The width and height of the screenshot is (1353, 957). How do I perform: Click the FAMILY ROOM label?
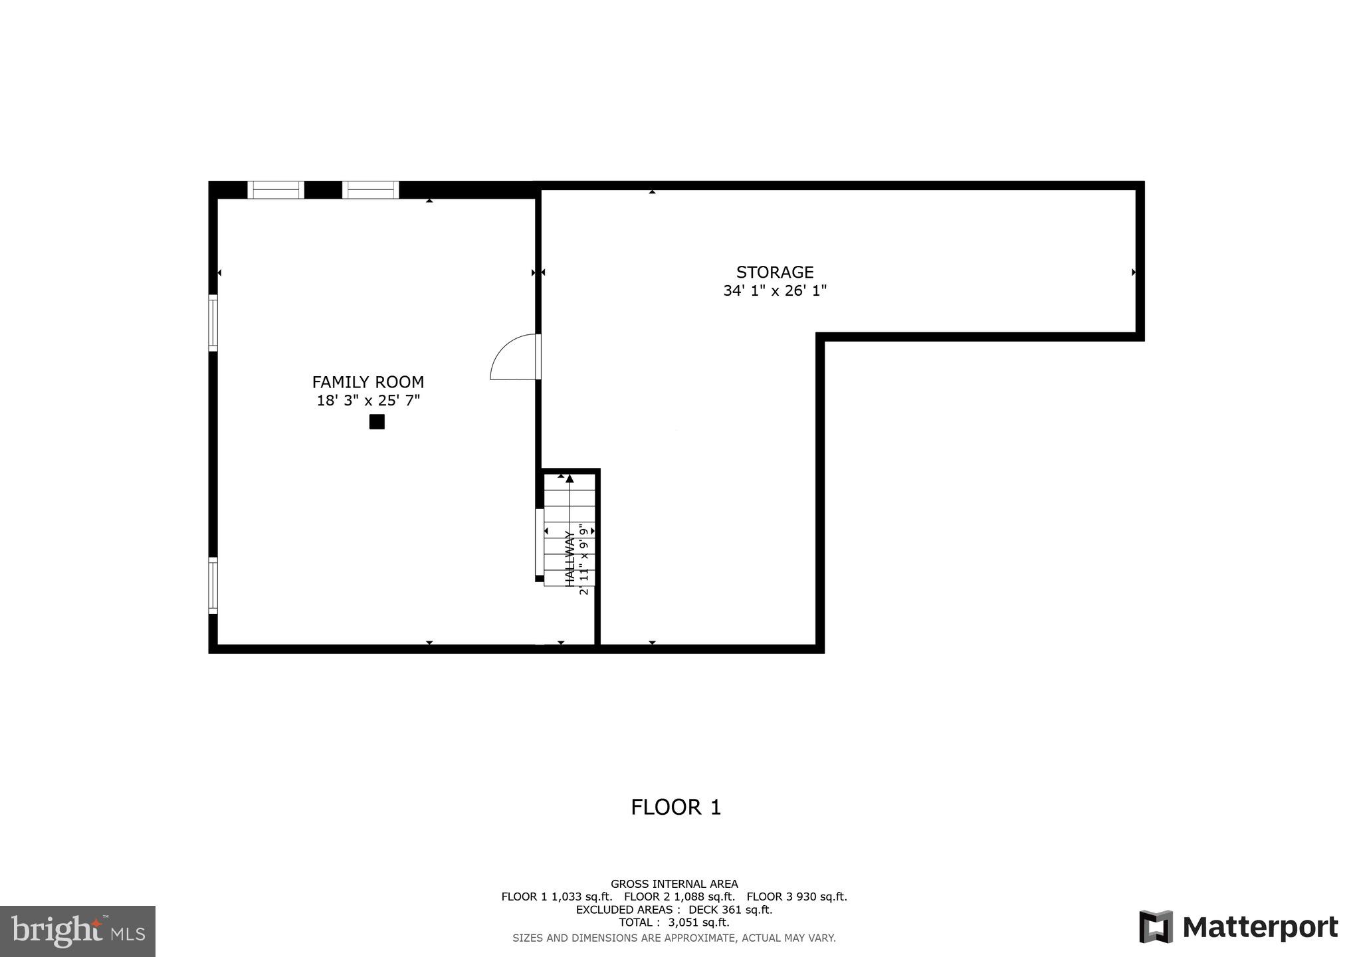367,382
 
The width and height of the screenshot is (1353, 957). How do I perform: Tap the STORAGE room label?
775,272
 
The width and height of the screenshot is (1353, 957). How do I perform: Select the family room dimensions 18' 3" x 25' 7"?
367,401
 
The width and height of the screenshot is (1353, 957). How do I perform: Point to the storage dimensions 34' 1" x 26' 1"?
775,291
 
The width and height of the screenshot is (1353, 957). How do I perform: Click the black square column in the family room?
377,422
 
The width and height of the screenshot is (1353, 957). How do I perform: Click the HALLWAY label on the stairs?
570,558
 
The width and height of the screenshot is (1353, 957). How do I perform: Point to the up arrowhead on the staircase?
570,478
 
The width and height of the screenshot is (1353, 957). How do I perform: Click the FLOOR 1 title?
676,807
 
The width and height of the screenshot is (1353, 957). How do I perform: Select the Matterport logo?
1238,927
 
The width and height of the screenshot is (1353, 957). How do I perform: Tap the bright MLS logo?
78,930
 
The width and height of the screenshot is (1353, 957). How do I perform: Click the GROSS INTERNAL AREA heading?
674,884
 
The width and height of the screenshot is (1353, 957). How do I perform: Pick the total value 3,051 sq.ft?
698,922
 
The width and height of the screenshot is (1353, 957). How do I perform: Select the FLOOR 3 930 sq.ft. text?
797,897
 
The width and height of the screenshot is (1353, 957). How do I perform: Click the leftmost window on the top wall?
276,190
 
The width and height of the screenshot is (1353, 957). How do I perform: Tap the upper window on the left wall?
213,322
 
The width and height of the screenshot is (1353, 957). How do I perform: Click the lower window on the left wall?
213,585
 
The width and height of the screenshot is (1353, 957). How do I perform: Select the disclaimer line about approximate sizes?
674,938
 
